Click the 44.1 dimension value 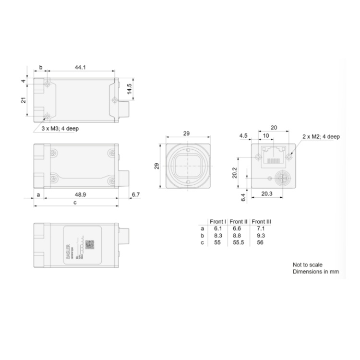[x=80, y=68]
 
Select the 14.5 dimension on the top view [x=129, y=89]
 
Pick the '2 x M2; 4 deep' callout [x=321, y=137]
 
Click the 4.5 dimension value [x=244, y=136]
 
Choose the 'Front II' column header [x=239, y=221]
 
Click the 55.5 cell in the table [x=239, y=243]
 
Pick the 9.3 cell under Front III [x=261, y=236]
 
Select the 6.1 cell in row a [x=217, y=228]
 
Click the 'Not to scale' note [x=308, y=264]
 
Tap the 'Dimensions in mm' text [x=316, y=272]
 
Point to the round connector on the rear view [x=282, y=180]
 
